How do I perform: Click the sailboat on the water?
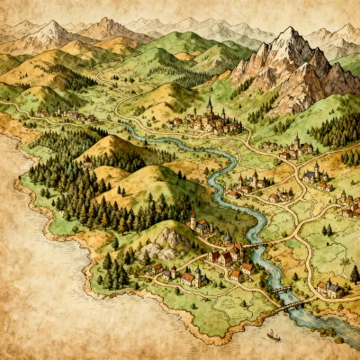272,335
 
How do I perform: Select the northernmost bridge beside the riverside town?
255,242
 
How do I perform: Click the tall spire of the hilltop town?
209,105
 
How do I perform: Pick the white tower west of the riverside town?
193,219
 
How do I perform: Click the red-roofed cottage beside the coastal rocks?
156,268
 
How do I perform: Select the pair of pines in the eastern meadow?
328,229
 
